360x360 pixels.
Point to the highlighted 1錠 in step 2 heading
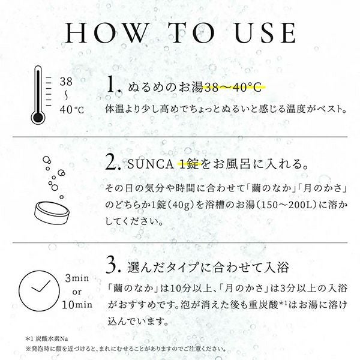tap(189, 163)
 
